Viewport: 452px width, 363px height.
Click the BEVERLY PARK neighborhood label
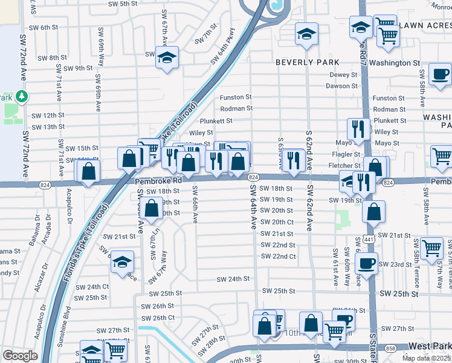(307, 62)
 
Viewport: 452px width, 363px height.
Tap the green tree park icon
(22, 96)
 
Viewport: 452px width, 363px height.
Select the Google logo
(19, 356)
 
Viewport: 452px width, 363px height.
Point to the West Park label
(429, 346)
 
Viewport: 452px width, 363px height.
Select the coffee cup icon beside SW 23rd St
(367, 263)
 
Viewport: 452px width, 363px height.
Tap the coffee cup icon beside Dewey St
(439, 74)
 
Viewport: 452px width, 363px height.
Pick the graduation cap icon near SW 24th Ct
(123, 262)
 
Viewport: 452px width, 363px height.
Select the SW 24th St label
(234, 279)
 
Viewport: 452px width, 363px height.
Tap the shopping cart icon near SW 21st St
(431, 247)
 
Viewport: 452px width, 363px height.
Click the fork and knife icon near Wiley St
(358, 128)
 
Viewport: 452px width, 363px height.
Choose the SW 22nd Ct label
(276, 257)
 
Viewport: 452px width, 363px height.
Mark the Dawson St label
(342, 86)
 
